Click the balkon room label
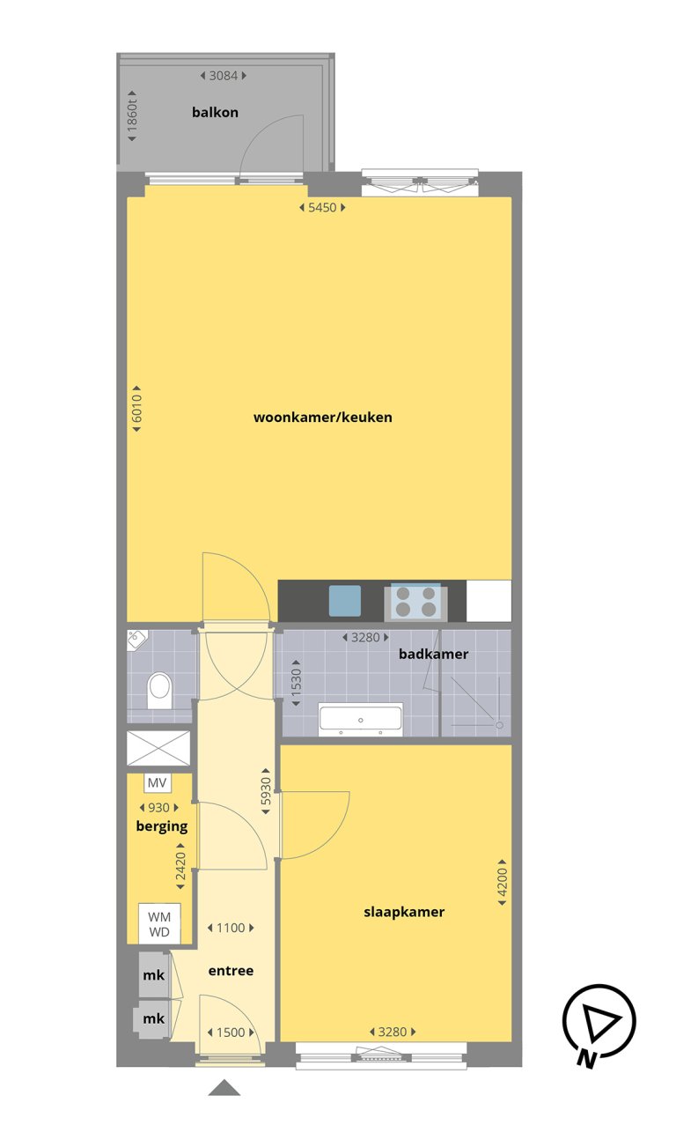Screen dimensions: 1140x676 [x=215, y=113]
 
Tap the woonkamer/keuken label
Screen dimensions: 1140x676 [x=322, y=417]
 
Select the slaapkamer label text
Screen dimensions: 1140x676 [x=404, y=912]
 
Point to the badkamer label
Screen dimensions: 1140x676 [x=433, y=654]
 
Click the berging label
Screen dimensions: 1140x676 [x=161, y=826]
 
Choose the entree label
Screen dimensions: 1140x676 [x=231, y=970]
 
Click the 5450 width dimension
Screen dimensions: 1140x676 [x=322, y=208]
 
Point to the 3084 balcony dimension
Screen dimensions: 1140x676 [x=223, y=76]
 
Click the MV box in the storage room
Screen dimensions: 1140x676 [x=158, y=782]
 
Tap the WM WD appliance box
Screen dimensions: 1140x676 [x=159, y=922]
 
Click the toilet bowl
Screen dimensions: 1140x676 [x=159, y=689]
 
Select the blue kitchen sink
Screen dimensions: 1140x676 [x=345, y=600]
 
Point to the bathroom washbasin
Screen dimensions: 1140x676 [x=361, y=718]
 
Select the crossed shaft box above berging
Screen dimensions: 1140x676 [x=159, y=748]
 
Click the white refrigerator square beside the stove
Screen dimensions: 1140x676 [x=489, y=600]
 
